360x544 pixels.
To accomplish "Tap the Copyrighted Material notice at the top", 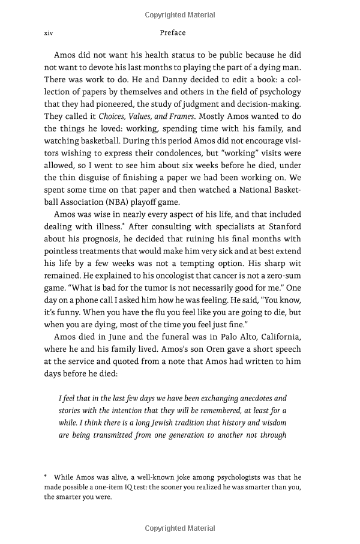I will [x=180, y=13].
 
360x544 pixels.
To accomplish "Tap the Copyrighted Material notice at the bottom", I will [x=180, y=528].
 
